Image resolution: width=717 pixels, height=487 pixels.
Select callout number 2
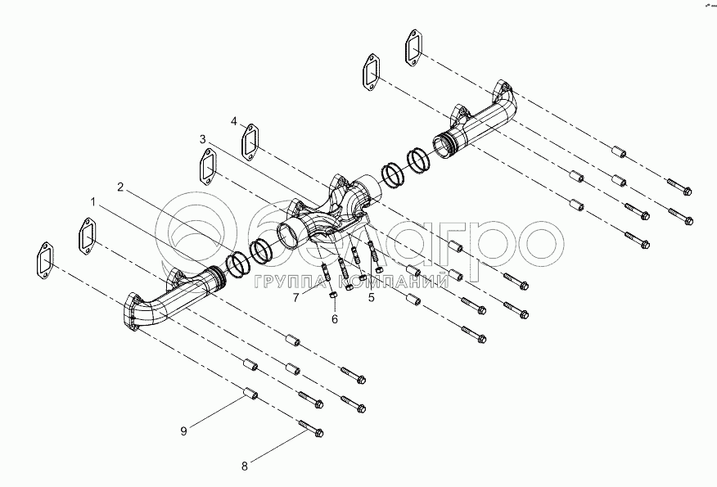120,187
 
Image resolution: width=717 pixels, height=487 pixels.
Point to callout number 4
234,121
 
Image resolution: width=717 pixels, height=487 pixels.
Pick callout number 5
371,297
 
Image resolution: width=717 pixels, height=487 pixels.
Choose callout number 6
334,319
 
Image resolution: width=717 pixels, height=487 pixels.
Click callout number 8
244,467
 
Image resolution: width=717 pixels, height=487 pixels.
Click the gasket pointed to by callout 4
251,141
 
